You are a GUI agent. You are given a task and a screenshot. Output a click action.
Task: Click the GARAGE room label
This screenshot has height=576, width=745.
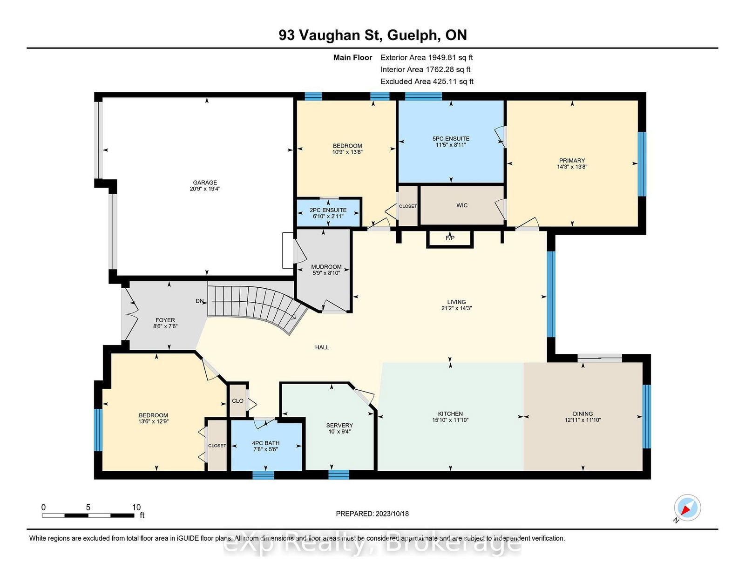(x=205, y=183)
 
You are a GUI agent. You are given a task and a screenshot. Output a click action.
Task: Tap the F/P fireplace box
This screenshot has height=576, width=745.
(x=450, y=238)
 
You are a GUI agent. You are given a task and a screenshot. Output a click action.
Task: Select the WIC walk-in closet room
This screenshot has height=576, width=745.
(x=461, y=205)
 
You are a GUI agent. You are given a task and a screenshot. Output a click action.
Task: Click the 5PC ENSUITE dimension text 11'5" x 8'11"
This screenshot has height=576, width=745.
(x=450, y=145)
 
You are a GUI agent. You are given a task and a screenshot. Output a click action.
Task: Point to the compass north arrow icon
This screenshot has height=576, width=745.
(x=687, y=508)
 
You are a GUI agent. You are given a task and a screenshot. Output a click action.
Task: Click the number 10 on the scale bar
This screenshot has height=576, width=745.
(x=136, y=507)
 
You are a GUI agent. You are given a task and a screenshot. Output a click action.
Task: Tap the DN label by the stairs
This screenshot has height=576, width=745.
(x=199, y=301)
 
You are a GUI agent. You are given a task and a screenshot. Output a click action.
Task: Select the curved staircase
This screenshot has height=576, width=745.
(x=261, y=305)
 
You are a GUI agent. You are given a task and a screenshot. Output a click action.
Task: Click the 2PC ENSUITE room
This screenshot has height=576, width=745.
(x=328, y=213)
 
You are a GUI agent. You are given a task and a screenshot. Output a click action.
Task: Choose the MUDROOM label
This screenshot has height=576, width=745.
(x=326, y=267)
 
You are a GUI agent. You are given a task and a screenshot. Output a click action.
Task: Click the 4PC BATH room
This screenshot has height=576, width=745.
(x=266, y=446)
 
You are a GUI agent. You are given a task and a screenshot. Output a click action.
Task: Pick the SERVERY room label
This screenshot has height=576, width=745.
(x=339, y=425)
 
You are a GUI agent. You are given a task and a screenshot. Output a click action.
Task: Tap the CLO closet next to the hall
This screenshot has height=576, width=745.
(x=237, y=401)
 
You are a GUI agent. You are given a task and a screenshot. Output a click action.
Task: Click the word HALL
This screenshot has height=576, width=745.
(x=322, y=347)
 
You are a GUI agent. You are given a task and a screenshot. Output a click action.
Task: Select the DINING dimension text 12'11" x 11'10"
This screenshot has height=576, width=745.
(x=582, y=420)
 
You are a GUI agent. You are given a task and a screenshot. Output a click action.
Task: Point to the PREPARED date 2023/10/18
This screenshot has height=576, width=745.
(x=392, y=514)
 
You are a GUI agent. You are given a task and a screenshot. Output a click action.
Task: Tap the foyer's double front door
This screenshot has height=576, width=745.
(x=128, y=315)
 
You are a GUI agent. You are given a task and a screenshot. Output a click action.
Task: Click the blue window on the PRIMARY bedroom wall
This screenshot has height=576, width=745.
(x=642, y=163)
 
